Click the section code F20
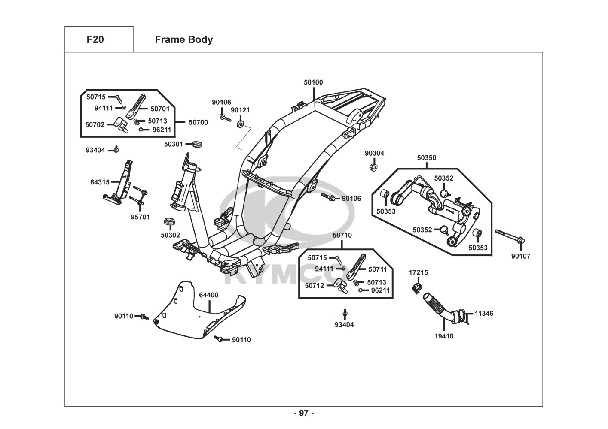click(x=95, y=39)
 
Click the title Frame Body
click(x=183, y=39)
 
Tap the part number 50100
click(x=313, y=82)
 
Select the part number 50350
click(x=426, y=158)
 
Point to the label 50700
click(x=198, y=122)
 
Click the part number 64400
click(x=208, y=295)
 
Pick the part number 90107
click(x=521, y=256)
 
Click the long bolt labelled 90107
click(x=509, y=236)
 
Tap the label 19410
click(x=444, y=336)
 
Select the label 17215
click(x=418, y=272)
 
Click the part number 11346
click(x=484, y=314)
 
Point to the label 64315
click(x=100, y=182)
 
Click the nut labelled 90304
click(x=373, y=166)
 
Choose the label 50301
click(x=174, y=144)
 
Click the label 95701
click(x=140, y=217)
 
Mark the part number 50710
click(x=342, y=235)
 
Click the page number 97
click(x=304, y=413)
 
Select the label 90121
click(x=240, y=110)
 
